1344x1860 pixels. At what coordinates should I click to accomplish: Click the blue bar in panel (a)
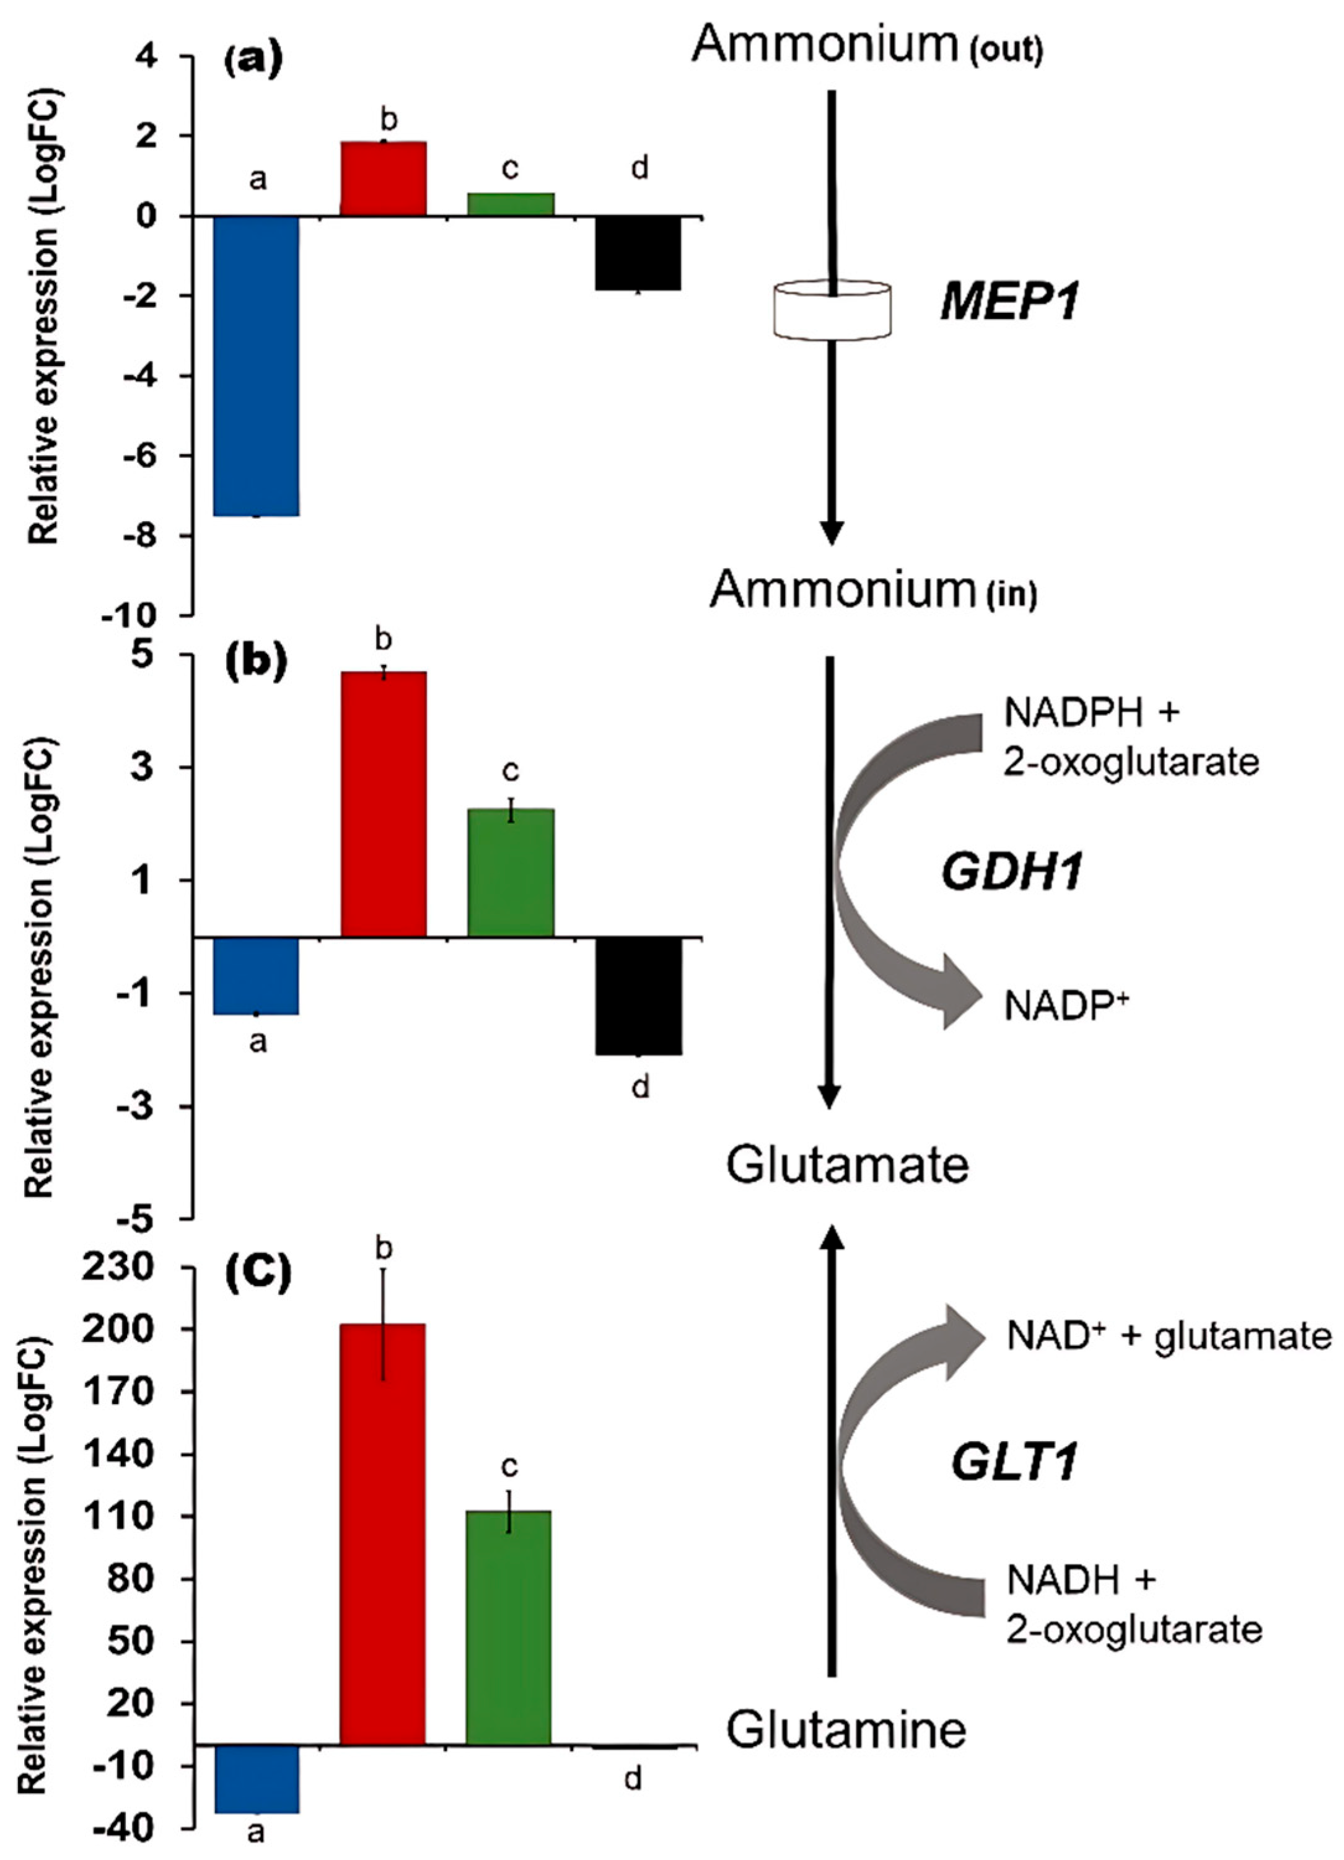tap(257, 365)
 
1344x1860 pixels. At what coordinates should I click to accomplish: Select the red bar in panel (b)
tap(383, 803)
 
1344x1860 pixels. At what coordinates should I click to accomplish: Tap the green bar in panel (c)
tap(508, 1626)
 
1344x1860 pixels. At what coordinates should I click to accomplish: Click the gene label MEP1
tap(1009, 302)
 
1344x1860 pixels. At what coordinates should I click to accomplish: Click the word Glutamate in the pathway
tap(847, 1165)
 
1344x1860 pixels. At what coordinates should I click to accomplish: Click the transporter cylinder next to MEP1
tap(832, 310)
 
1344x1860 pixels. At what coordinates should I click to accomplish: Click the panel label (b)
tap(256, 664)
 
